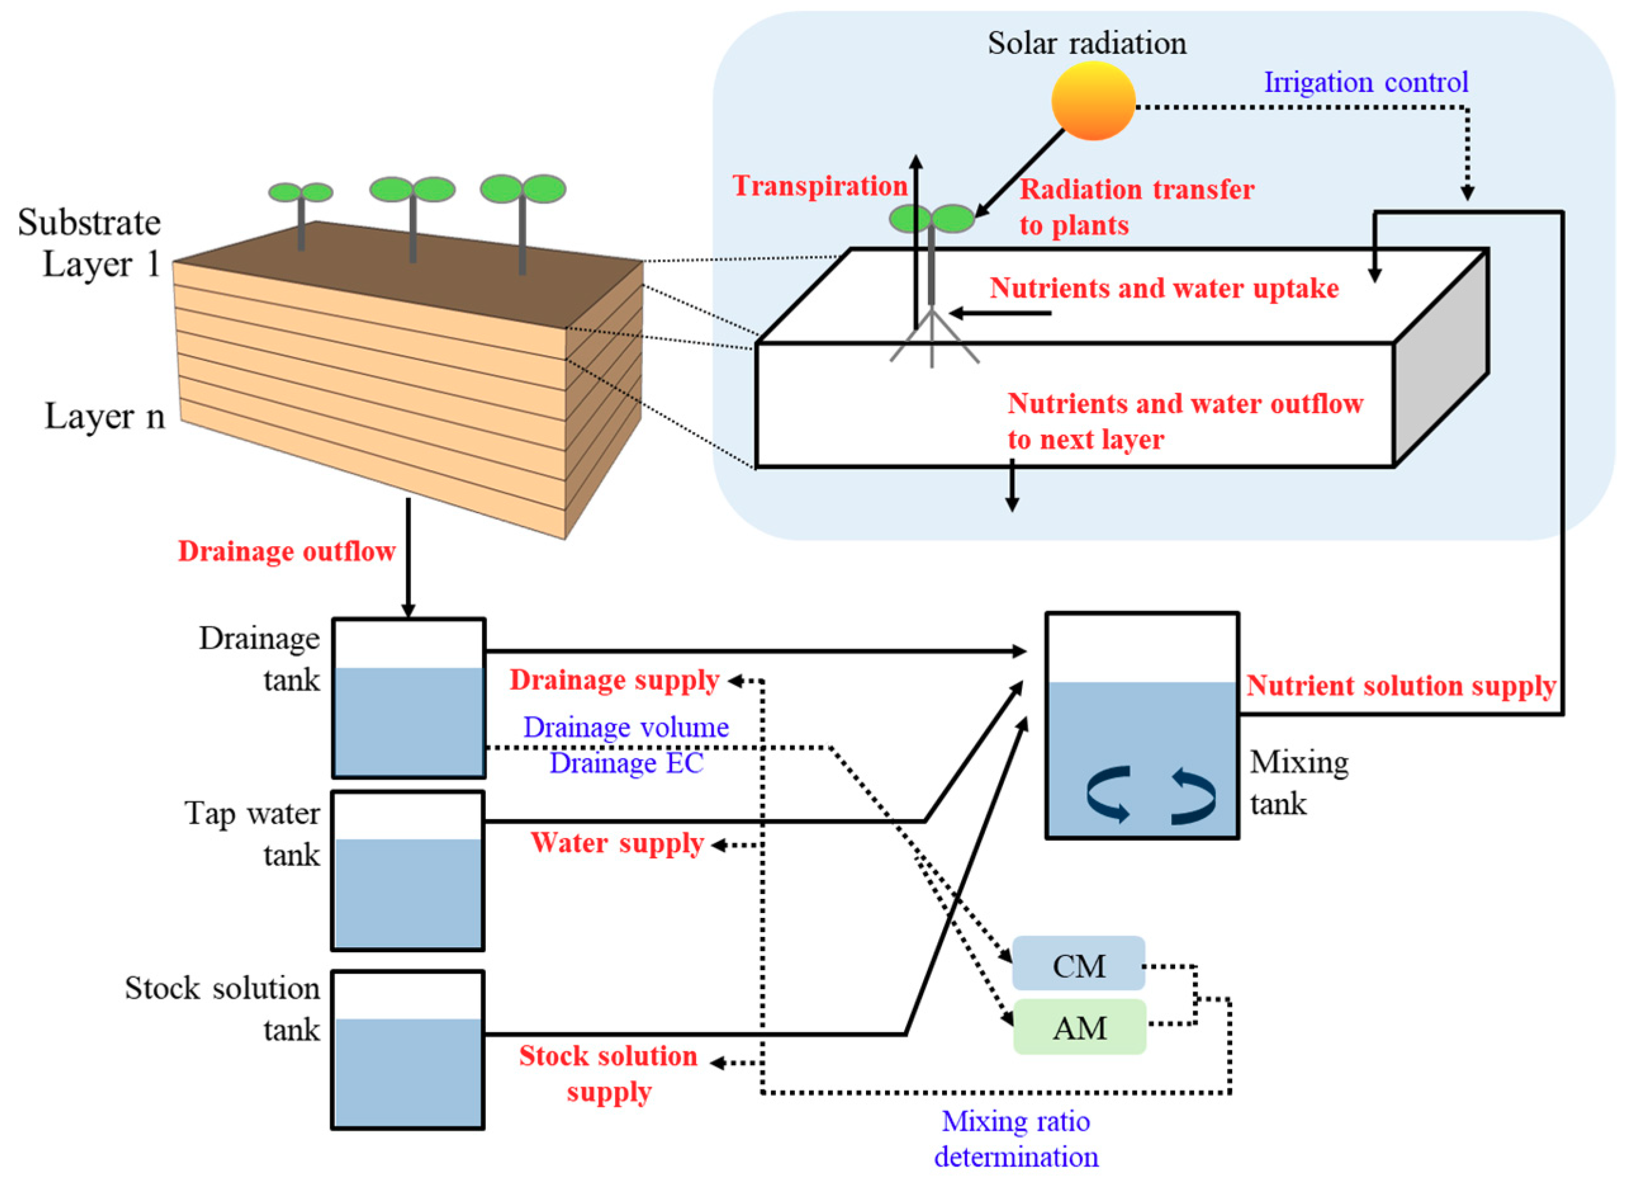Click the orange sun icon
click(x=1093, y=101)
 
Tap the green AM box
click(x=1079, y=1028)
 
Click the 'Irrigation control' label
click(x=1365, y=82)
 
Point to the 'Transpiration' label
click(x=820, y=186)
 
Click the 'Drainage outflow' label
click(x=286, y=551)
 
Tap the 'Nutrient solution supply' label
click(x=1401, y=685)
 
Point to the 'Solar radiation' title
click(x=1087, y=43)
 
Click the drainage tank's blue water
click(x=409, y=722)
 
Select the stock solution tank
click(x=408, y=1050)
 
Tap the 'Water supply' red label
click(x=618, y=843)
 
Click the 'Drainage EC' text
click(x=626, y=763)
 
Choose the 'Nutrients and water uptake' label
click(x=1164, y=288)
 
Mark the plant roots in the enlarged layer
click(x=932, y=340)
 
